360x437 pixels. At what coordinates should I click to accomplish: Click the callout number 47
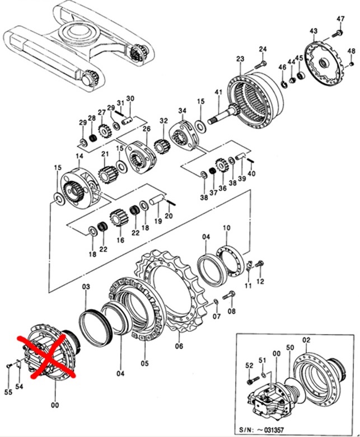(x=340, y=19)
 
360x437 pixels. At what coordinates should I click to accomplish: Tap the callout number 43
(x=314, y=30)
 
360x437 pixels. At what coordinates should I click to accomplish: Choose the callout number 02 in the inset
(x=306, y=340)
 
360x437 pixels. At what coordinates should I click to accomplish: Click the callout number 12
(x=260, y=282)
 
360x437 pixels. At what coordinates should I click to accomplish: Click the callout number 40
(x=251, y=173)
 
